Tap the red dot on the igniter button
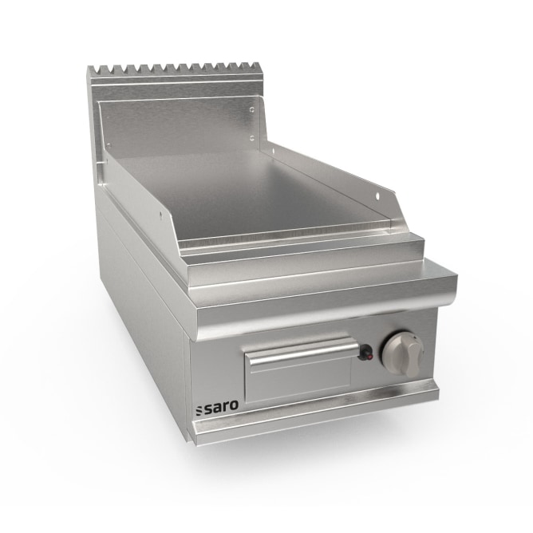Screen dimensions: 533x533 point(370,357)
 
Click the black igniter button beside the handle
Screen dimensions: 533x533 point(365,352)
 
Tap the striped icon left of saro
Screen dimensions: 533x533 point(199,409)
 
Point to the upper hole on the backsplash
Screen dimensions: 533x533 point(251,110)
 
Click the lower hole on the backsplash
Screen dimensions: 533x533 point(252,137)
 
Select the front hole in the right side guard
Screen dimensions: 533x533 point(378,195)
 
